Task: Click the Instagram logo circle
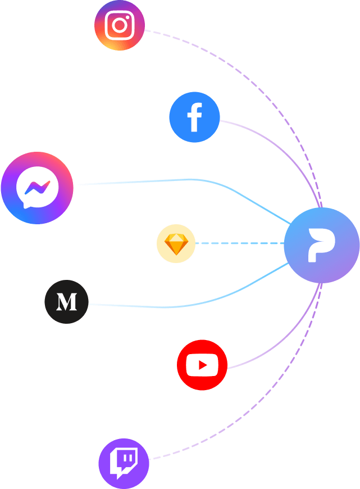pyautogui.click(x=119, y=25)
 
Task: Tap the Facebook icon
pyautogui.click(x=194, y=117)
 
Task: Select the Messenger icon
pyautogui.click(x=37, y=188)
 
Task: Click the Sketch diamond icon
pyautogui.click(x=176, y=244)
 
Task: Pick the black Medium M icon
pyautogui.click(x=66, y=302)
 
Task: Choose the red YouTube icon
pyautogui.click(x=202, y=365)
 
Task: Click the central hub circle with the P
pyautogui.click(x=321, y=245)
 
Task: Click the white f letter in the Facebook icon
pyautogui.click(x=194, y=117)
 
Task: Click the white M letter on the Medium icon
pyautogui.click(x=66, y=302)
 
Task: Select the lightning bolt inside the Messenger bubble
pyautogui.click(x=37, y=188)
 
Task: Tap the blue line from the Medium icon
pyautogui.click(x=168, y=307)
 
